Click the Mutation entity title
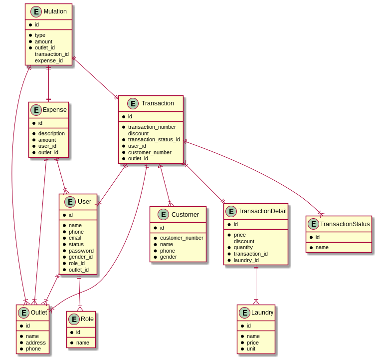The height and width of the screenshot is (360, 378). pos(55,11)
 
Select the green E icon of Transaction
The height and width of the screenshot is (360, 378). pos(133,103)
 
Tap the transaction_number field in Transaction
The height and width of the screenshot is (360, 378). pos(152,127)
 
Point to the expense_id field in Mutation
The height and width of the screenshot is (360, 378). pos(48,60)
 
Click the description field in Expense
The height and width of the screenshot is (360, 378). pos(51,133)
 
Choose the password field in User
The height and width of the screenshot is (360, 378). pos(81,251)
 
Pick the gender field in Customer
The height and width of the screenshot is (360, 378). pos(168,257)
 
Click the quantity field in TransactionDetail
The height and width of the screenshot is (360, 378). pos(243,247)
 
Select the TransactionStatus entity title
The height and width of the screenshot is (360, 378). pos(346,224)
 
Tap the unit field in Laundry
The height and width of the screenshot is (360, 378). pos(251,349)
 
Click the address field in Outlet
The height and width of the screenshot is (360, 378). pos(36,343)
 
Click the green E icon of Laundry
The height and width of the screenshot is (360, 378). pos(244,313)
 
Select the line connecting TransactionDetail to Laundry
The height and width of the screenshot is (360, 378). pos(256,285)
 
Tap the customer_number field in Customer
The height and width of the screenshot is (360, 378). pos(181,238)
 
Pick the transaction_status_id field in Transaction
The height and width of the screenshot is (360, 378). pos(154,139)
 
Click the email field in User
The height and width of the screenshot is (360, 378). pos(75,238)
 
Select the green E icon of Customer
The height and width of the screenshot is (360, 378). pos(164,215)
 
